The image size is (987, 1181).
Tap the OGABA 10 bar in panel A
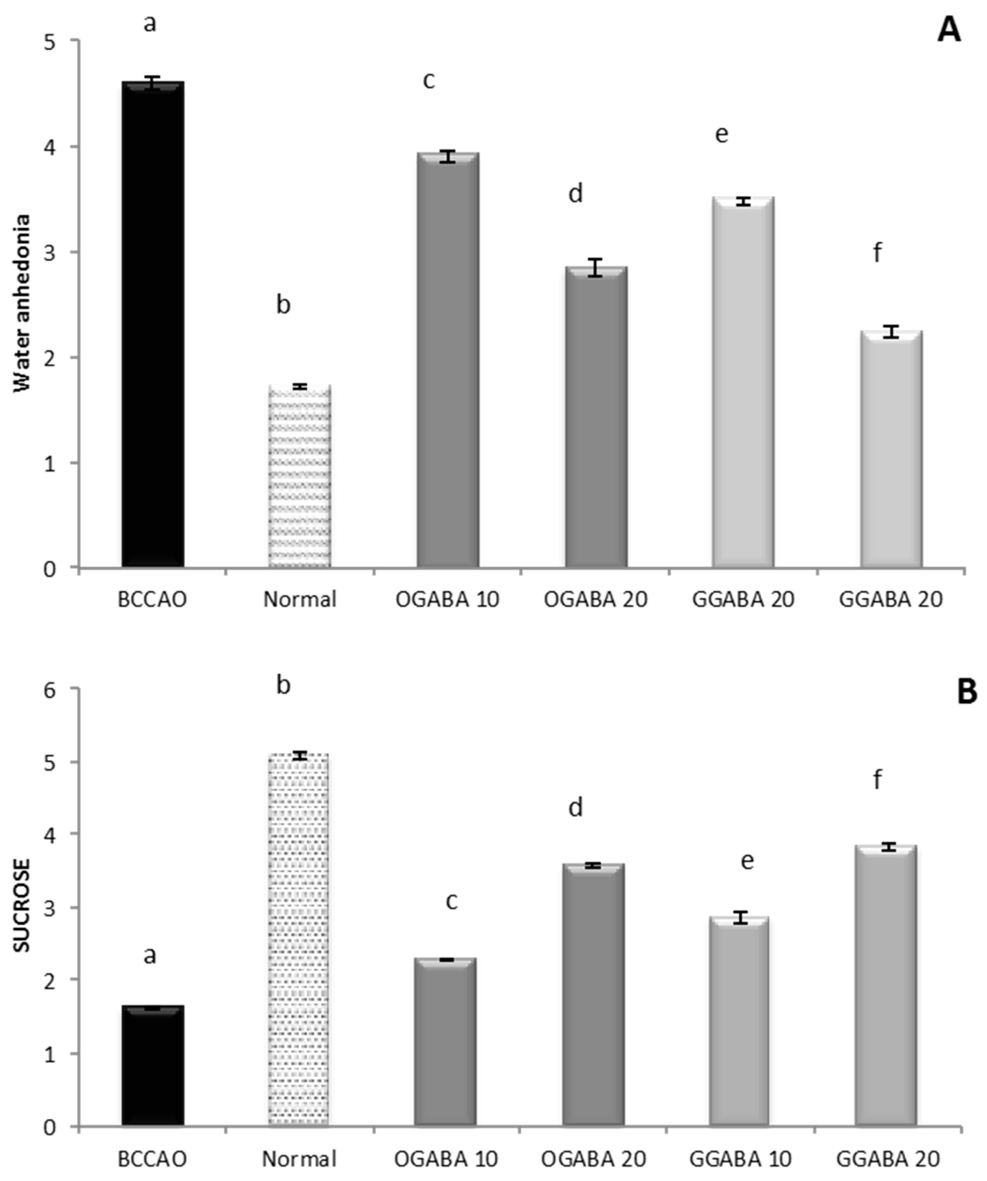(x=448, y=360)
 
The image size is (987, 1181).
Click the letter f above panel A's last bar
(x=877, y=254)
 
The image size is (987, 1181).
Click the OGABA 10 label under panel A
(x=447, y=599)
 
